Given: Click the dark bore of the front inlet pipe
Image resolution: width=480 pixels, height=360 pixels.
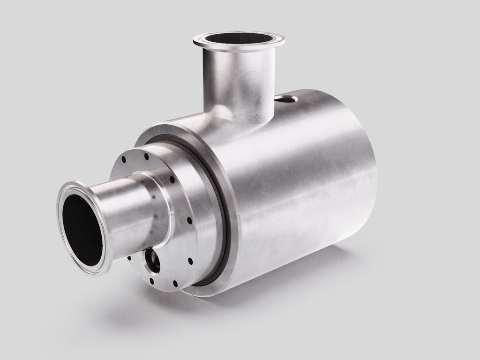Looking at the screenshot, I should [x=82, y=230].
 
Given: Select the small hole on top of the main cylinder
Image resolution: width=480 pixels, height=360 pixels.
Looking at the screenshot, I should [x=286, y=99].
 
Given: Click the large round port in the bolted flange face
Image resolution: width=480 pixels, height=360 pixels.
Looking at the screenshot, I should [x=152, y=261].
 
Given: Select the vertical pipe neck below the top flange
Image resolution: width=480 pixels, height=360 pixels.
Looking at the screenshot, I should [x=239, y=80].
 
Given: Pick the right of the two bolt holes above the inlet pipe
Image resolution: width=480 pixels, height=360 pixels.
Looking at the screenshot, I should [x=146, y=156].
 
